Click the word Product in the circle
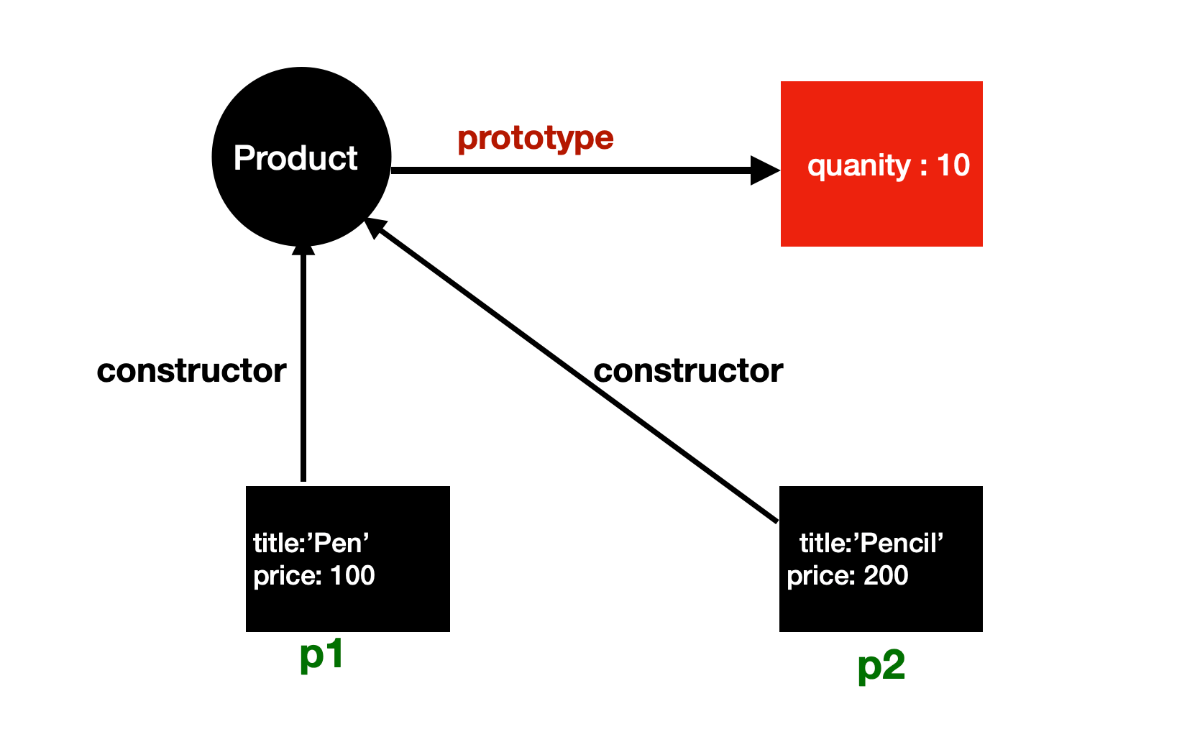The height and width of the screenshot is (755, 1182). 295,158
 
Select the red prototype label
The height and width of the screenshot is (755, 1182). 536,138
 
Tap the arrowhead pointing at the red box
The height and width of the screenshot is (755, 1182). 765,170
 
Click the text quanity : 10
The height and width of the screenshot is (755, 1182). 889,166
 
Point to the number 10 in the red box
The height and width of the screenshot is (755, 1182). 953,165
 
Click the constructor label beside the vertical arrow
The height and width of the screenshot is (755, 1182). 191,371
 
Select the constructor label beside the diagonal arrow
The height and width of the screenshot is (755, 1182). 688,371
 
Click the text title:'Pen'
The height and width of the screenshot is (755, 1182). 311,543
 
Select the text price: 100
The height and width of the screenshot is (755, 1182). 314,576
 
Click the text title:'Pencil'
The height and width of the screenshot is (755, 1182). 871,543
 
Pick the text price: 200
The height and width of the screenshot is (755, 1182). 848,576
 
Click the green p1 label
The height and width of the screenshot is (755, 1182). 321,655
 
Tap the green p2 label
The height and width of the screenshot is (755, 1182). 881,666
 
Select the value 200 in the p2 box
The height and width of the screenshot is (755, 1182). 886,576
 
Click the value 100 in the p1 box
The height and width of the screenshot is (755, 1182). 352,576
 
